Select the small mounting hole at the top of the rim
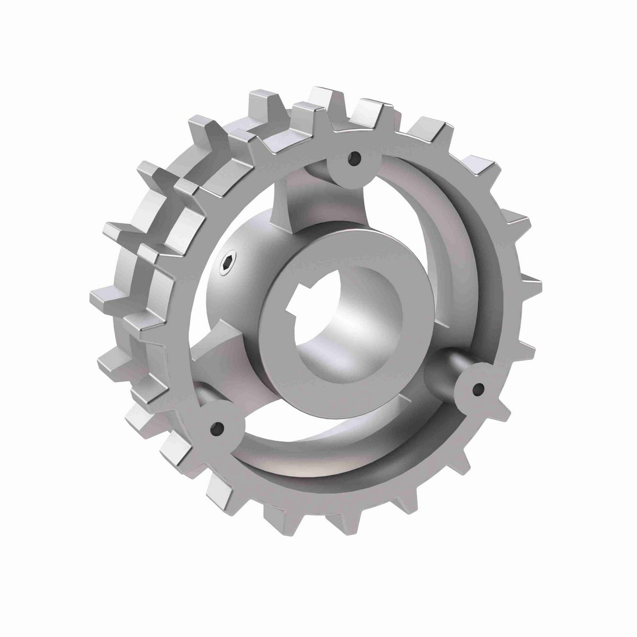point(355,158)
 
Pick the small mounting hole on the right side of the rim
point(478,390)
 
